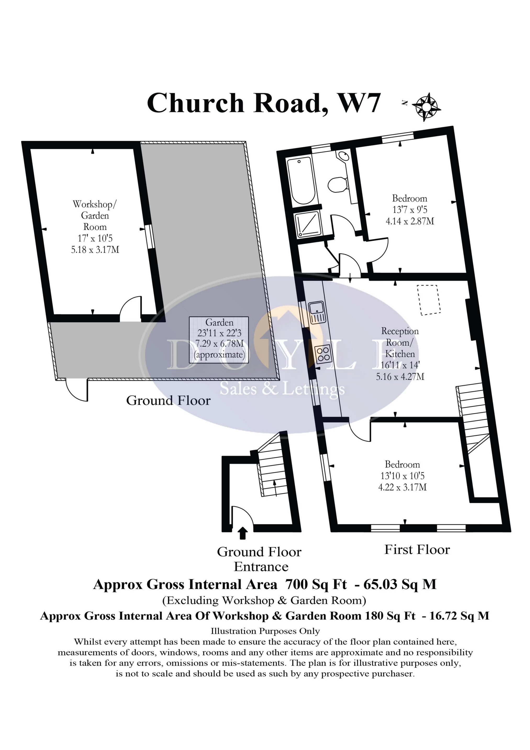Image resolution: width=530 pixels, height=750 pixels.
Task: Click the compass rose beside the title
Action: pos(426,107)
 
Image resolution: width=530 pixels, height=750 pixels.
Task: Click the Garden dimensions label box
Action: pos(219,340)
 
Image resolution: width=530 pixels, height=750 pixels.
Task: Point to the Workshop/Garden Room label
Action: pos(95,215)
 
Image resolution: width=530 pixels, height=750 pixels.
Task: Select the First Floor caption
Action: pos(417,550)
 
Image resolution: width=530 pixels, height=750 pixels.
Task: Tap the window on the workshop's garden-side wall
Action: pos(149,236)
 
